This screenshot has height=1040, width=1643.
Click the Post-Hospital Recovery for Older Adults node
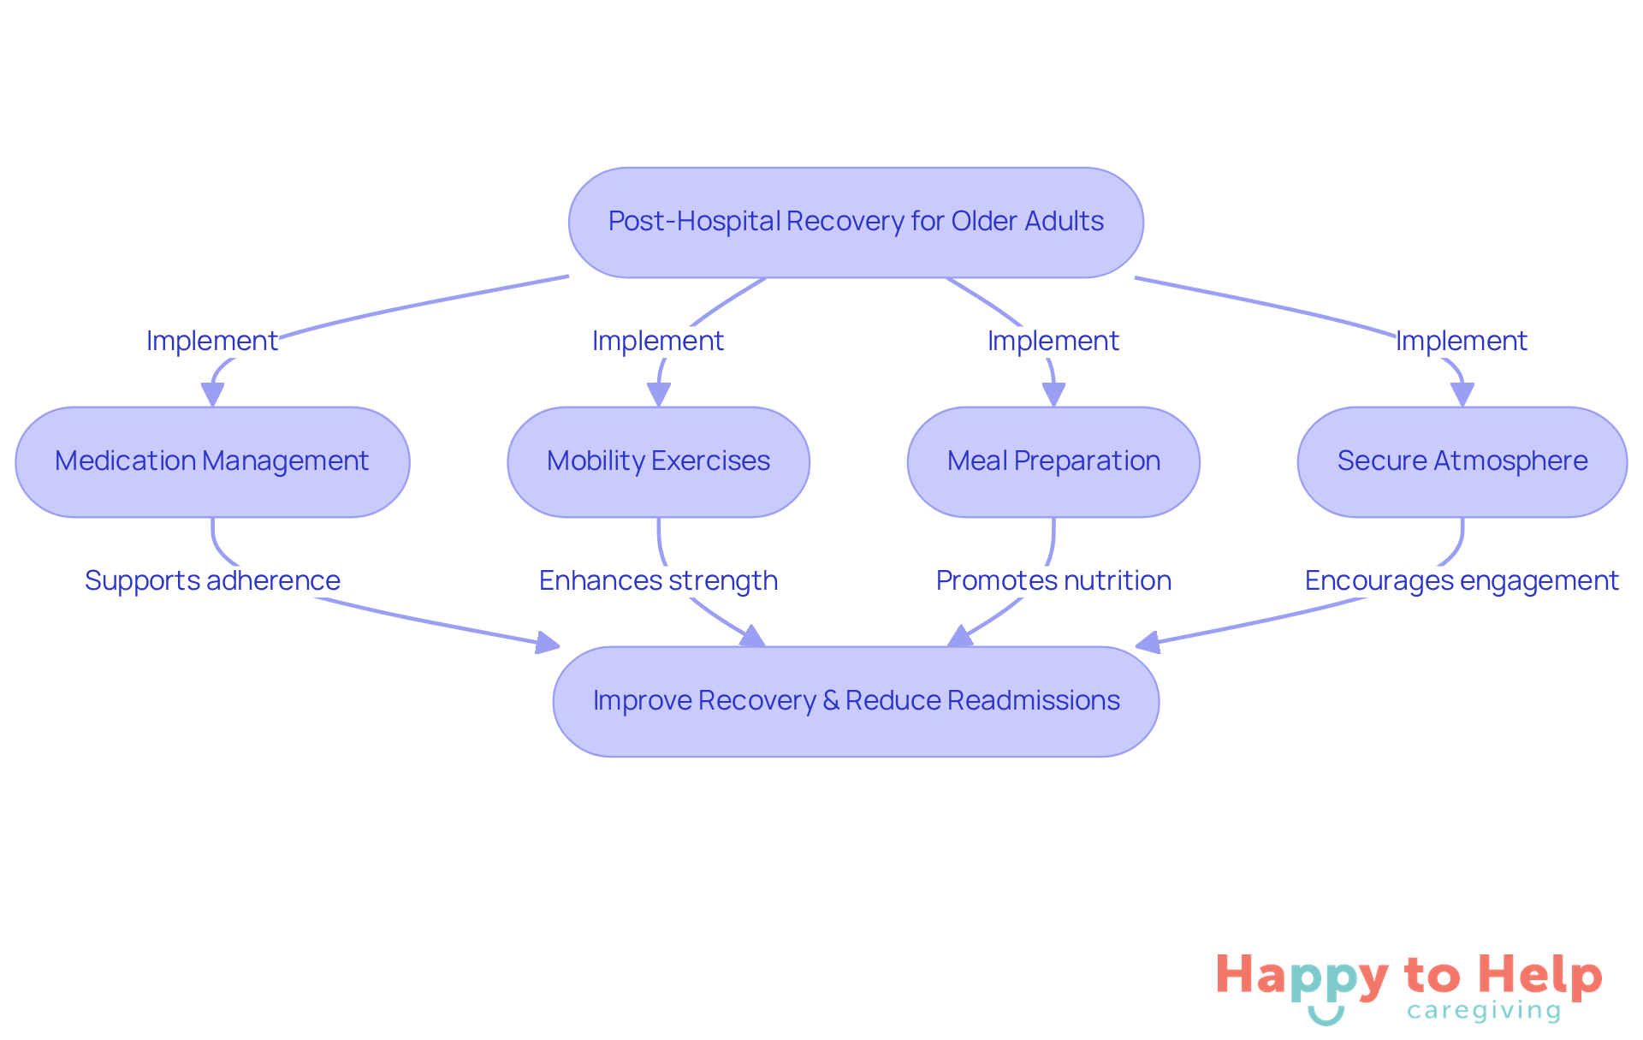(x=856, y=222)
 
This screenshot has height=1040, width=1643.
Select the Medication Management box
(x=212, y=461)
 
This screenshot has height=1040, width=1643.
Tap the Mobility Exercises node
(x=658, y=461)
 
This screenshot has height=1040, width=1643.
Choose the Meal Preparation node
(x=1053, y=461)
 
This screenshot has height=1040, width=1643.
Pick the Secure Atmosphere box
(x=1462, y=461)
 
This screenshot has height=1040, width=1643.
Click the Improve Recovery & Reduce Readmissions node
(x=856, y=701)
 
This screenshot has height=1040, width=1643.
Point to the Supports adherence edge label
(x=212, y=580)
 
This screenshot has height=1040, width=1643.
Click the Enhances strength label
(x=658, y=580)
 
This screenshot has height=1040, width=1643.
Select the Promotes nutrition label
(x=1053, y=580)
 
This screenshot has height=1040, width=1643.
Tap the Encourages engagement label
(x=1462, y=580)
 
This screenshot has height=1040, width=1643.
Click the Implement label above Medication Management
(x=212, y=341)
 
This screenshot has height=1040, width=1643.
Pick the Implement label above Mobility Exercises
(x=658, y=341)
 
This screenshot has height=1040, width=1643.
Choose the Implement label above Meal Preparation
(x=1053, y=341)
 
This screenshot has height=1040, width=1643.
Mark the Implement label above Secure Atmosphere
(x=1462, y=341)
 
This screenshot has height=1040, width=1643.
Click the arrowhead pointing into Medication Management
(x=212, y=395)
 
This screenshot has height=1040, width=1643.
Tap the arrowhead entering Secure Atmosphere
(x=1462, y=395)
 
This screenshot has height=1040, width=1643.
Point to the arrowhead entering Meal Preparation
(x=1053, y=395)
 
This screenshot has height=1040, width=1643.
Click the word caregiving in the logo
(x=1484, y=1011)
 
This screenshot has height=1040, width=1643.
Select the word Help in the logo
(x=1540, y=976)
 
